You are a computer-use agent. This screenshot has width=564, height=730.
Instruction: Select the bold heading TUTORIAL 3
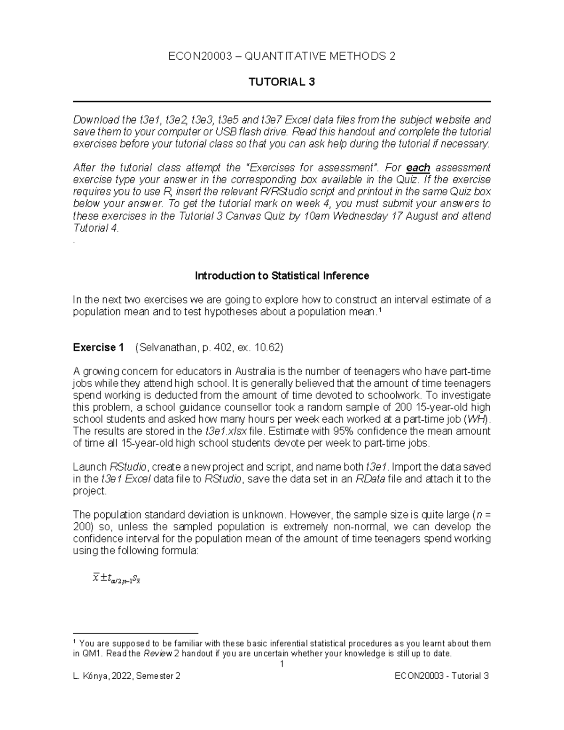point(282,82)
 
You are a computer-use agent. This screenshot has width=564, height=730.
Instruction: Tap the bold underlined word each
point(418,168)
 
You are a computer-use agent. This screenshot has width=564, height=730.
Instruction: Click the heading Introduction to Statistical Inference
point(282,276)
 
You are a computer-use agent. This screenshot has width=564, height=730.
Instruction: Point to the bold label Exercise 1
point(99,347)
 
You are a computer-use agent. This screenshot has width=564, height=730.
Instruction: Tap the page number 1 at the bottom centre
point(282,664)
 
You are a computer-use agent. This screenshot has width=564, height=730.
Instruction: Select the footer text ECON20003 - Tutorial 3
point(442,676)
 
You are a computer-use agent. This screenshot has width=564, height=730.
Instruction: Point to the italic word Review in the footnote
point(157,654)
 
